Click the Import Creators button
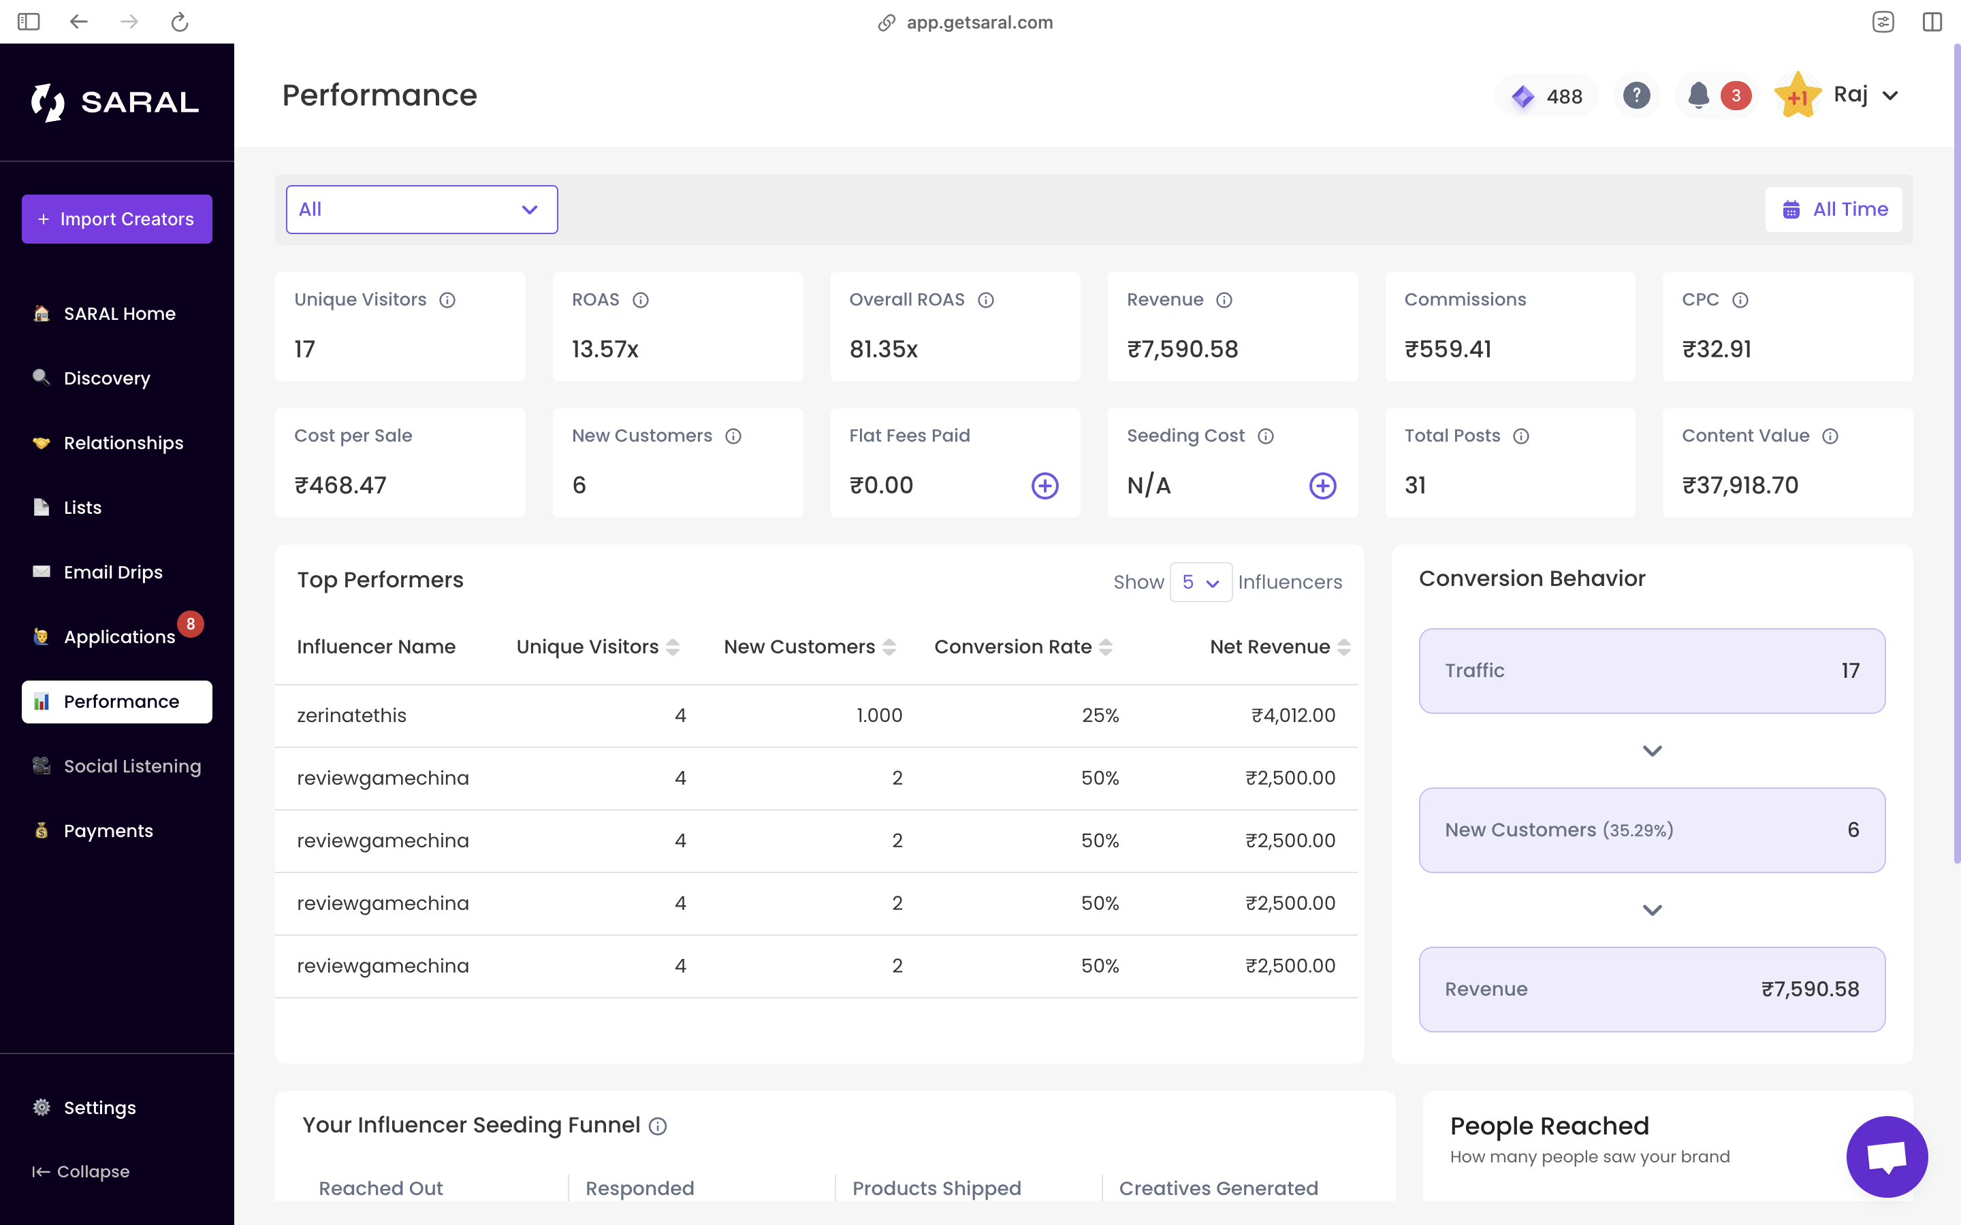pos(116,218)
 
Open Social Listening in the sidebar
pos(131,766)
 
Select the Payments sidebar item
pos(108,830)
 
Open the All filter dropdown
pos(421,210)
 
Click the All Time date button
pos(1834,210)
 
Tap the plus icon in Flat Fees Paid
pos(1045,486)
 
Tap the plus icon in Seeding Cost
pos(1322,486)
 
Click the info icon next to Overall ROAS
pos(985,301)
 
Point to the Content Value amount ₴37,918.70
pos(1740,485)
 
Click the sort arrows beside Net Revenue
pos(1344,647)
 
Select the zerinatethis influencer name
pos(351,715)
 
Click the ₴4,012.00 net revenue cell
pos(1292,715)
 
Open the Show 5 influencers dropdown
pos(1200,583)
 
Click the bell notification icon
pos(1698,95)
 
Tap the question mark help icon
pos(1636,95)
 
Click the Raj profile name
pos(1850,95)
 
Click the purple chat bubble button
pos(1887,1156)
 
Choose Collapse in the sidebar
pos(81,1171)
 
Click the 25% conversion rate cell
pos(1100,715)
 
